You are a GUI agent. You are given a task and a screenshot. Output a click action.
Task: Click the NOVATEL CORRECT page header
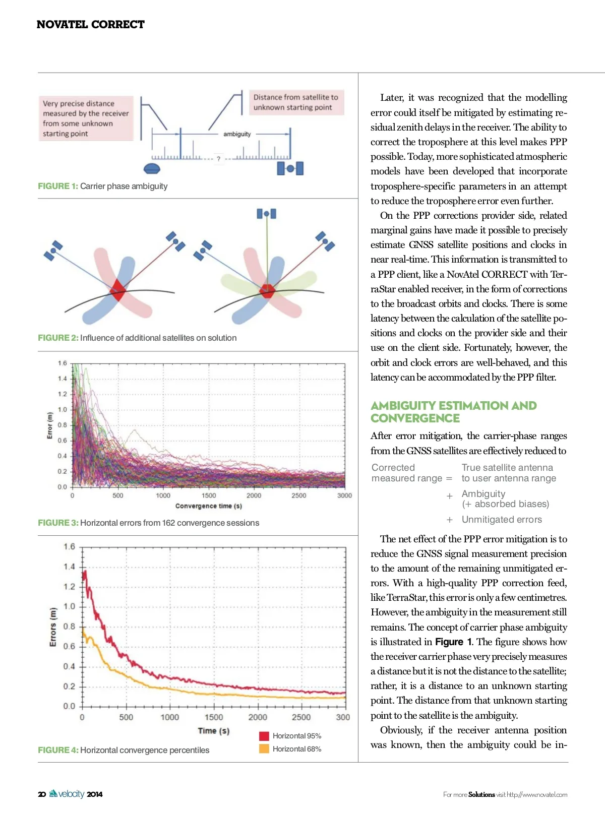coord(90,24)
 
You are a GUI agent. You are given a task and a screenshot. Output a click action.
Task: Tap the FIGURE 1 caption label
coord(58,186)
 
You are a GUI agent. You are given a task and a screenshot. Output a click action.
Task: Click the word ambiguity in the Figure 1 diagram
coord(237,134)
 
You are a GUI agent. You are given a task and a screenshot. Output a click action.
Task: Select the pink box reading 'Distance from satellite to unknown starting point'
coord(296,102)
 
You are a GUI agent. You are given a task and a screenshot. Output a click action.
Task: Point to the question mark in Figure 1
coord(218,159)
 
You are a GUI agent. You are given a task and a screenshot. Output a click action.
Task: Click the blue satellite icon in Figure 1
coord(290,168)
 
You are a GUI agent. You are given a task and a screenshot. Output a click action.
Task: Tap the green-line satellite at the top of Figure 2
coord(266,214)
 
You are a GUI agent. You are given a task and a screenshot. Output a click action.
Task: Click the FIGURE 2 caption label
coord(58,338)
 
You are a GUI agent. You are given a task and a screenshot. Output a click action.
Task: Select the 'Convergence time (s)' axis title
coord(208,506)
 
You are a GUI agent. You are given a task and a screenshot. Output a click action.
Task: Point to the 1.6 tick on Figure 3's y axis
coord(62,363)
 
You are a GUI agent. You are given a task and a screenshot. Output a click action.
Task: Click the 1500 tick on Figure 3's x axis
coord(208,495)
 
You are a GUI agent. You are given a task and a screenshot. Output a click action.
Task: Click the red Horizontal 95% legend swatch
coord(264,736)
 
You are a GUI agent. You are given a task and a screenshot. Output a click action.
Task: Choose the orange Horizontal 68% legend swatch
coord(264,749)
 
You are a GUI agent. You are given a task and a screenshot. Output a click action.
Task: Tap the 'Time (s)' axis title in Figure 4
coord(213,730)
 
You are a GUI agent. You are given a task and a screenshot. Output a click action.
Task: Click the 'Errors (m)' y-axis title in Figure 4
coord(53,627)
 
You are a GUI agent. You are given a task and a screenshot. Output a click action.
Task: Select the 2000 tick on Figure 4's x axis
coord(258,717)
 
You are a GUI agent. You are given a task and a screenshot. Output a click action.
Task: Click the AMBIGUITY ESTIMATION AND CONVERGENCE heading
coord(453,412)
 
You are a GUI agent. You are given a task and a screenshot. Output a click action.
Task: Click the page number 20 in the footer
coord(42,794)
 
